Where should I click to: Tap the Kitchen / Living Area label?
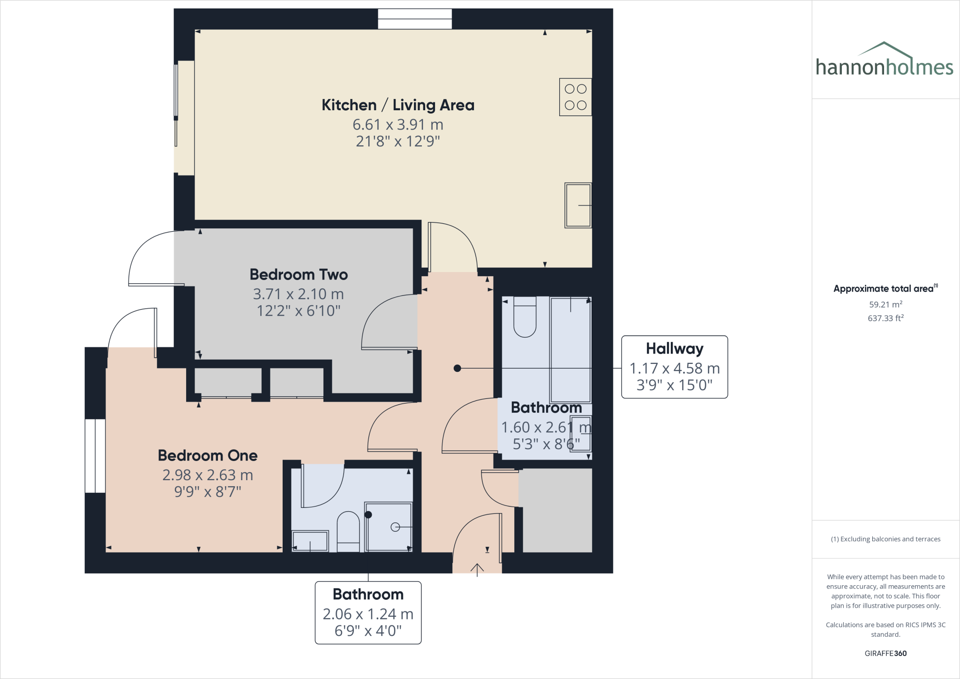click(x=397, y=105)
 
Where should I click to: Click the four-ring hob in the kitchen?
click(x=575, y=97)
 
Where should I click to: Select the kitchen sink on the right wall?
click(x=577, y=205)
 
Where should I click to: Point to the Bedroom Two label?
click(x=299, y=274)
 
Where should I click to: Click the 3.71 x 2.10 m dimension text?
click(x=299, y=294)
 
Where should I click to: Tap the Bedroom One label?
click(x=208, y=455)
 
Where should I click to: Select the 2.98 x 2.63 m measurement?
click(x=208, y=475)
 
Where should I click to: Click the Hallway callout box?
click(x=674, y=367)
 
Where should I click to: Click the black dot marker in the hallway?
click(x=457, y=369)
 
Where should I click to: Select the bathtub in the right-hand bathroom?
click(x=570, y=349)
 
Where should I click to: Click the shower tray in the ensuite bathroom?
click(x=389, y=527)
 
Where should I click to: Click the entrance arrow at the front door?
click(x=477, y=569)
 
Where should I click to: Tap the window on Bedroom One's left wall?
click(x=95, y=456)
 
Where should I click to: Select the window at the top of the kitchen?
click(x=415, y=19)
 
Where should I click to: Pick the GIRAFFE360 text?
click(x=885, y=653)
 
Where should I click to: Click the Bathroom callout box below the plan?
click(x=368, y=612)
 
